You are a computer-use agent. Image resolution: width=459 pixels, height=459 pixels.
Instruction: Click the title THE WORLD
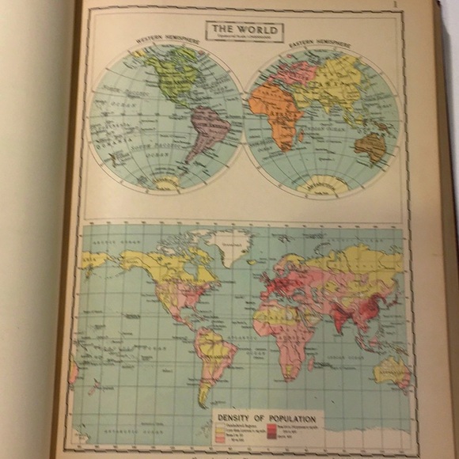[245, 29]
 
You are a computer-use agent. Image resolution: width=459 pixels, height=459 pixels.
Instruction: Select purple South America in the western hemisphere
[207, 130]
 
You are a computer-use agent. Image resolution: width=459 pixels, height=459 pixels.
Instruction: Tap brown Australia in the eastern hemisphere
[370, 146]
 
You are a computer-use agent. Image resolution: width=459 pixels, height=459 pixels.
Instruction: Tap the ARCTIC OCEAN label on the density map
[111, 237]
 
